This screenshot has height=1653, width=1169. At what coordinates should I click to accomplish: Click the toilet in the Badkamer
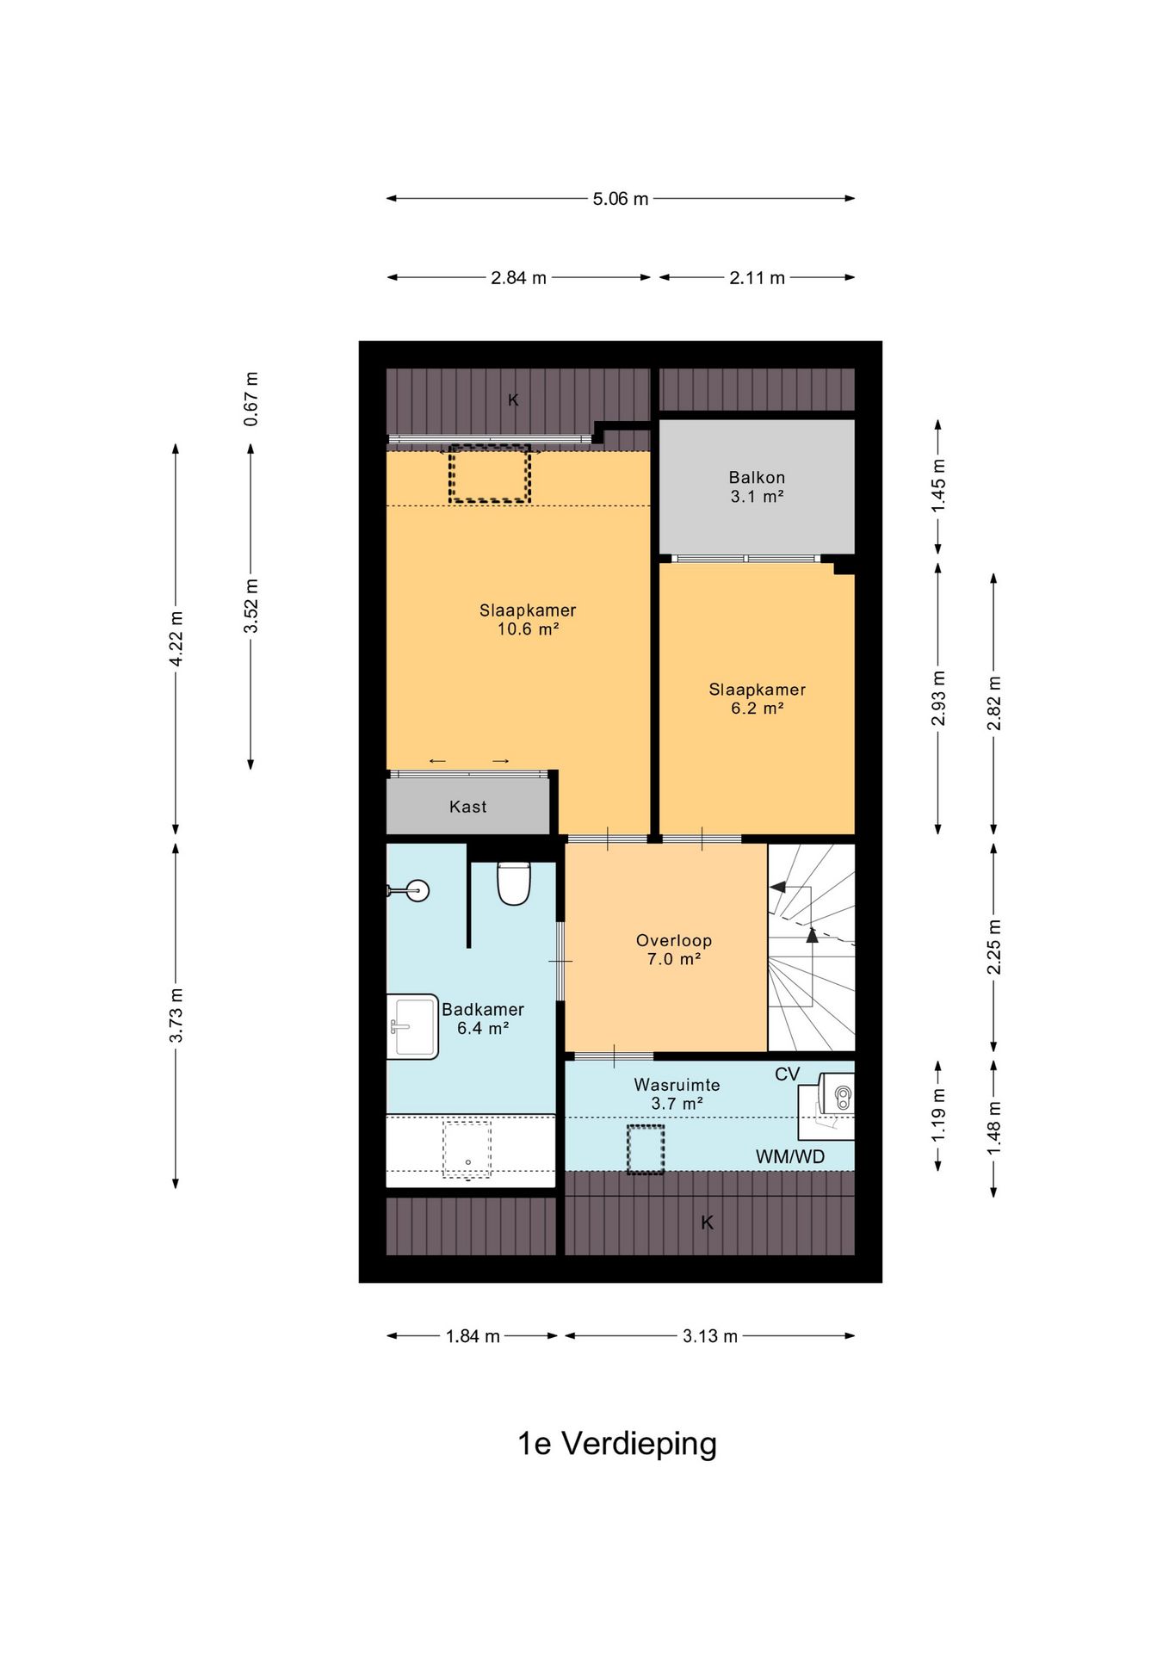click(514, 883)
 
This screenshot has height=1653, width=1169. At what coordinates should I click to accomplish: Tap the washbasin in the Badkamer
click(412, 1026)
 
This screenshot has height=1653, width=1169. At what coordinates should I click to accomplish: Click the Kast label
click(467, 807)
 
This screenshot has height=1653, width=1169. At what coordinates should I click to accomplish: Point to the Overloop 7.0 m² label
click(674, 950)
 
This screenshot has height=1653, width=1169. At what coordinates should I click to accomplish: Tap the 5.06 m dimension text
click(620, 199)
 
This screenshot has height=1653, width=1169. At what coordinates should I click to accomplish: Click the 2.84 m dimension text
click(518, 278)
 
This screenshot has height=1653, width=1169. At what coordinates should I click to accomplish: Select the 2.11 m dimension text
click(757, 278)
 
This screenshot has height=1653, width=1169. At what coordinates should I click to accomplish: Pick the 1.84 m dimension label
click(473, 1336)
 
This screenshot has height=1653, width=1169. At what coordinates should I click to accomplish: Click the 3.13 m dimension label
click(710, 1336)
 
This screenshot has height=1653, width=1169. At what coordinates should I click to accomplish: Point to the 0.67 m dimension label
click(251, 399)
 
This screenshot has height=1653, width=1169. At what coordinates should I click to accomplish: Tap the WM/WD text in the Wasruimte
click(790, 1156)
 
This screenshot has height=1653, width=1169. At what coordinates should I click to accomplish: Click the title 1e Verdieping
click(616, 1444)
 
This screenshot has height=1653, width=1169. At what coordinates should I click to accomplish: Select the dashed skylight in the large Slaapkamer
click(489, 474)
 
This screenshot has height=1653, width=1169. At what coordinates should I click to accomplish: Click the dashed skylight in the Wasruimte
click(646, 1149)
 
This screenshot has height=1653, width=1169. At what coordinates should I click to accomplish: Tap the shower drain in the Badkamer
click(467, 1162)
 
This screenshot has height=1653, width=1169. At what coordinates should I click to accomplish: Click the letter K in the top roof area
click(513, 399)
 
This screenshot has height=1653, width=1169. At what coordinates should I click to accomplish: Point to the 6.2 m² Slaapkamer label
click(757, 699)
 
